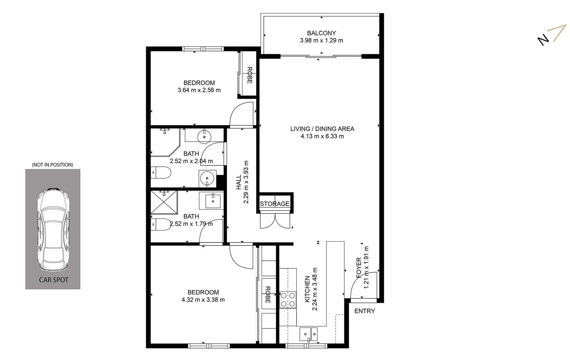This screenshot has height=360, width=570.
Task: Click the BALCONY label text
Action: coord(321,33)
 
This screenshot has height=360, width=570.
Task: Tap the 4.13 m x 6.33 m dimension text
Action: coord(322,136)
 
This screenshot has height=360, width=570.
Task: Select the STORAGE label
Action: coord(274,204)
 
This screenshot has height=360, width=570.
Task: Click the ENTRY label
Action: coord(365,311)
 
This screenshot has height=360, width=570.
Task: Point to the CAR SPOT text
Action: coord(53,280)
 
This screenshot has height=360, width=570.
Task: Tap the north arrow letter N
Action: coord(543,39)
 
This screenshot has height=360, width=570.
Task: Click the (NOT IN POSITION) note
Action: coord(52,165)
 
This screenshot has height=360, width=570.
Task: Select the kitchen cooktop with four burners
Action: coord(288,299)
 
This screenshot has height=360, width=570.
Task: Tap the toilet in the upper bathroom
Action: coord(161,172)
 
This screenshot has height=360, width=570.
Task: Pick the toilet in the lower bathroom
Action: coord(161,224)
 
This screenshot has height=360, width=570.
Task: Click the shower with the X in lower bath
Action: coord(164,202)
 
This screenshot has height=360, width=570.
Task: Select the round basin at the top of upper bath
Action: coord(204,136)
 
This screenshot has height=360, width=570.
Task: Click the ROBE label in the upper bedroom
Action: coord(249,75)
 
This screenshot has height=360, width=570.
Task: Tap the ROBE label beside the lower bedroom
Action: coord(267,295)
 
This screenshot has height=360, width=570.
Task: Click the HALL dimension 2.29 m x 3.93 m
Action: coord(246,182)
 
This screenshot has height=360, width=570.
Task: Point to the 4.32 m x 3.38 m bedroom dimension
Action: coord(203,300)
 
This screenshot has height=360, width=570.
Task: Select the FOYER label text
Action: coord(359,267)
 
